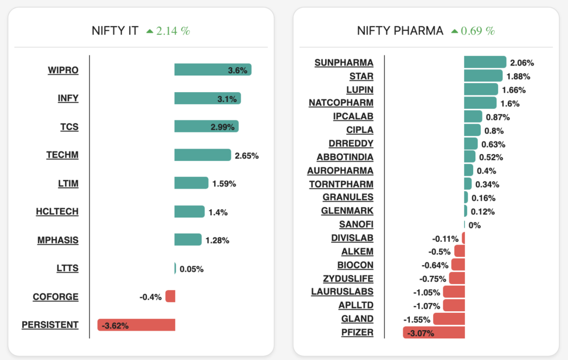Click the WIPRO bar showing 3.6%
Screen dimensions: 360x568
coord(212,69)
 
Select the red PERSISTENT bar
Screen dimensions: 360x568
coord(136,325)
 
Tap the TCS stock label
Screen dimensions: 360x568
coord(69,126)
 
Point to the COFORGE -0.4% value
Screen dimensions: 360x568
coord(150,297)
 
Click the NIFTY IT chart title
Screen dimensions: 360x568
coord(115,31)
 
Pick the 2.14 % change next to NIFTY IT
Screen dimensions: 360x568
coord(173,31)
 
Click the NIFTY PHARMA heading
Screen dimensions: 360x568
coord(400,31)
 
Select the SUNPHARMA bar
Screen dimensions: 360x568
coord(485,62)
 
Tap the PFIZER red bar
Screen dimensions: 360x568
coord(434,332)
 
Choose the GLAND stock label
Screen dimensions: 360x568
coord(357,319)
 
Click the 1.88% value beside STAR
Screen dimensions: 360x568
coord(518,77)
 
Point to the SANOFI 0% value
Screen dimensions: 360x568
coord(475,225)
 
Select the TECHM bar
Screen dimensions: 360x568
coord(202,155)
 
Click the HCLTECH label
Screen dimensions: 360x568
coord(57,211)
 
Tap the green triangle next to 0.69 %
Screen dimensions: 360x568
coord(455,31)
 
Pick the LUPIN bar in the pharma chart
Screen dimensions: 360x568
coord(481,89)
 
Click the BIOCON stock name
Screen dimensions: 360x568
coord(355,265)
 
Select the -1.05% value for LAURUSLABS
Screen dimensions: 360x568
coord(427,292)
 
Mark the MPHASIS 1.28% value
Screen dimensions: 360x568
coord(217,240)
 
